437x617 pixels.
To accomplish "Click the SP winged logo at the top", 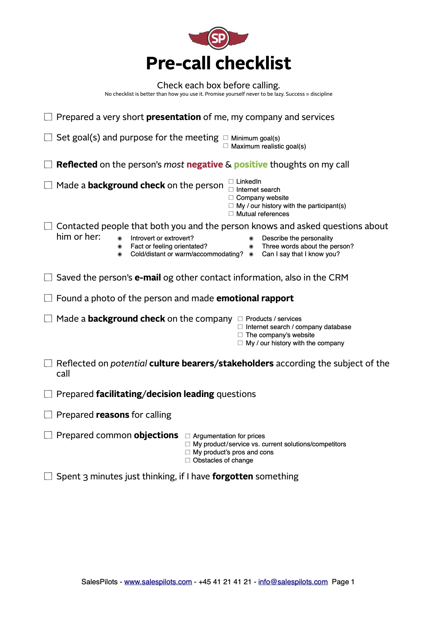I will click(218, 38).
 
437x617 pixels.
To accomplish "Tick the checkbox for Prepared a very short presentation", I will click(48, 117).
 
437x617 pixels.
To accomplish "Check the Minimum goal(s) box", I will click(226, 138).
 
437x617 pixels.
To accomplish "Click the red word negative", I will click(204, 165).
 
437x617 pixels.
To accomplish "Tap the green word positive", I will click(251, 165).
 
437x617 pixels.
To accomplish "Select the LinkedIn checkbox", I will click(231, 182).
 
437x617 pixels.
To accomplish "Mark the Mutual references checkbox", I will click(231, 214).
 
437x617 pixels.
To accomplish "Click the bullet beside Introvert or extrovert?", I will click(120, 239).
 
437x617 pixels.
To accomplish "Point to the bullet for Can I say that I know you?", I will click(251, 254).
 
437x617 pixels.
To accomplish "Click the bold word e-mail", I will click(148, 278).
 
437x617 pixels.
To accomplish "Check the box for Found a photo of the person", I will click(48, 298).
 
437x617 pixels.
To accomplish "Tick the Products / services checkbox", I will click(240, 319).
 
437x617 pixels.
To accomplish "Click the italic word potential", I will click(129, 364).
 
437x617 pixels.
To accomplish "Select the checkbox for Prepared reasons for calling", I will click(48, 415).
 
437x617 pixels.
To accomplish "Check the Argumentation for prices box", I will click(188, 436).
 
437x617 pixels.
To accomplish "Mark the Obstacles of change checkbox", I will click(188, 460).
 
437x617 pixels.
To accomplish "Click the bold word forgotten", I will click(233, 477).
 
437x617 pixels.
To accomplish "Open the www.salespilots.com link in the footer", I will click(158, 582).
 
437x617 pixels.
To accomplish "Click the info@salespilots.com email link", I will click(293, 582).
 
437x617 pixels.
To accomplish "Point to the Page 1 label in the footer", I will click(343, 582).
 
